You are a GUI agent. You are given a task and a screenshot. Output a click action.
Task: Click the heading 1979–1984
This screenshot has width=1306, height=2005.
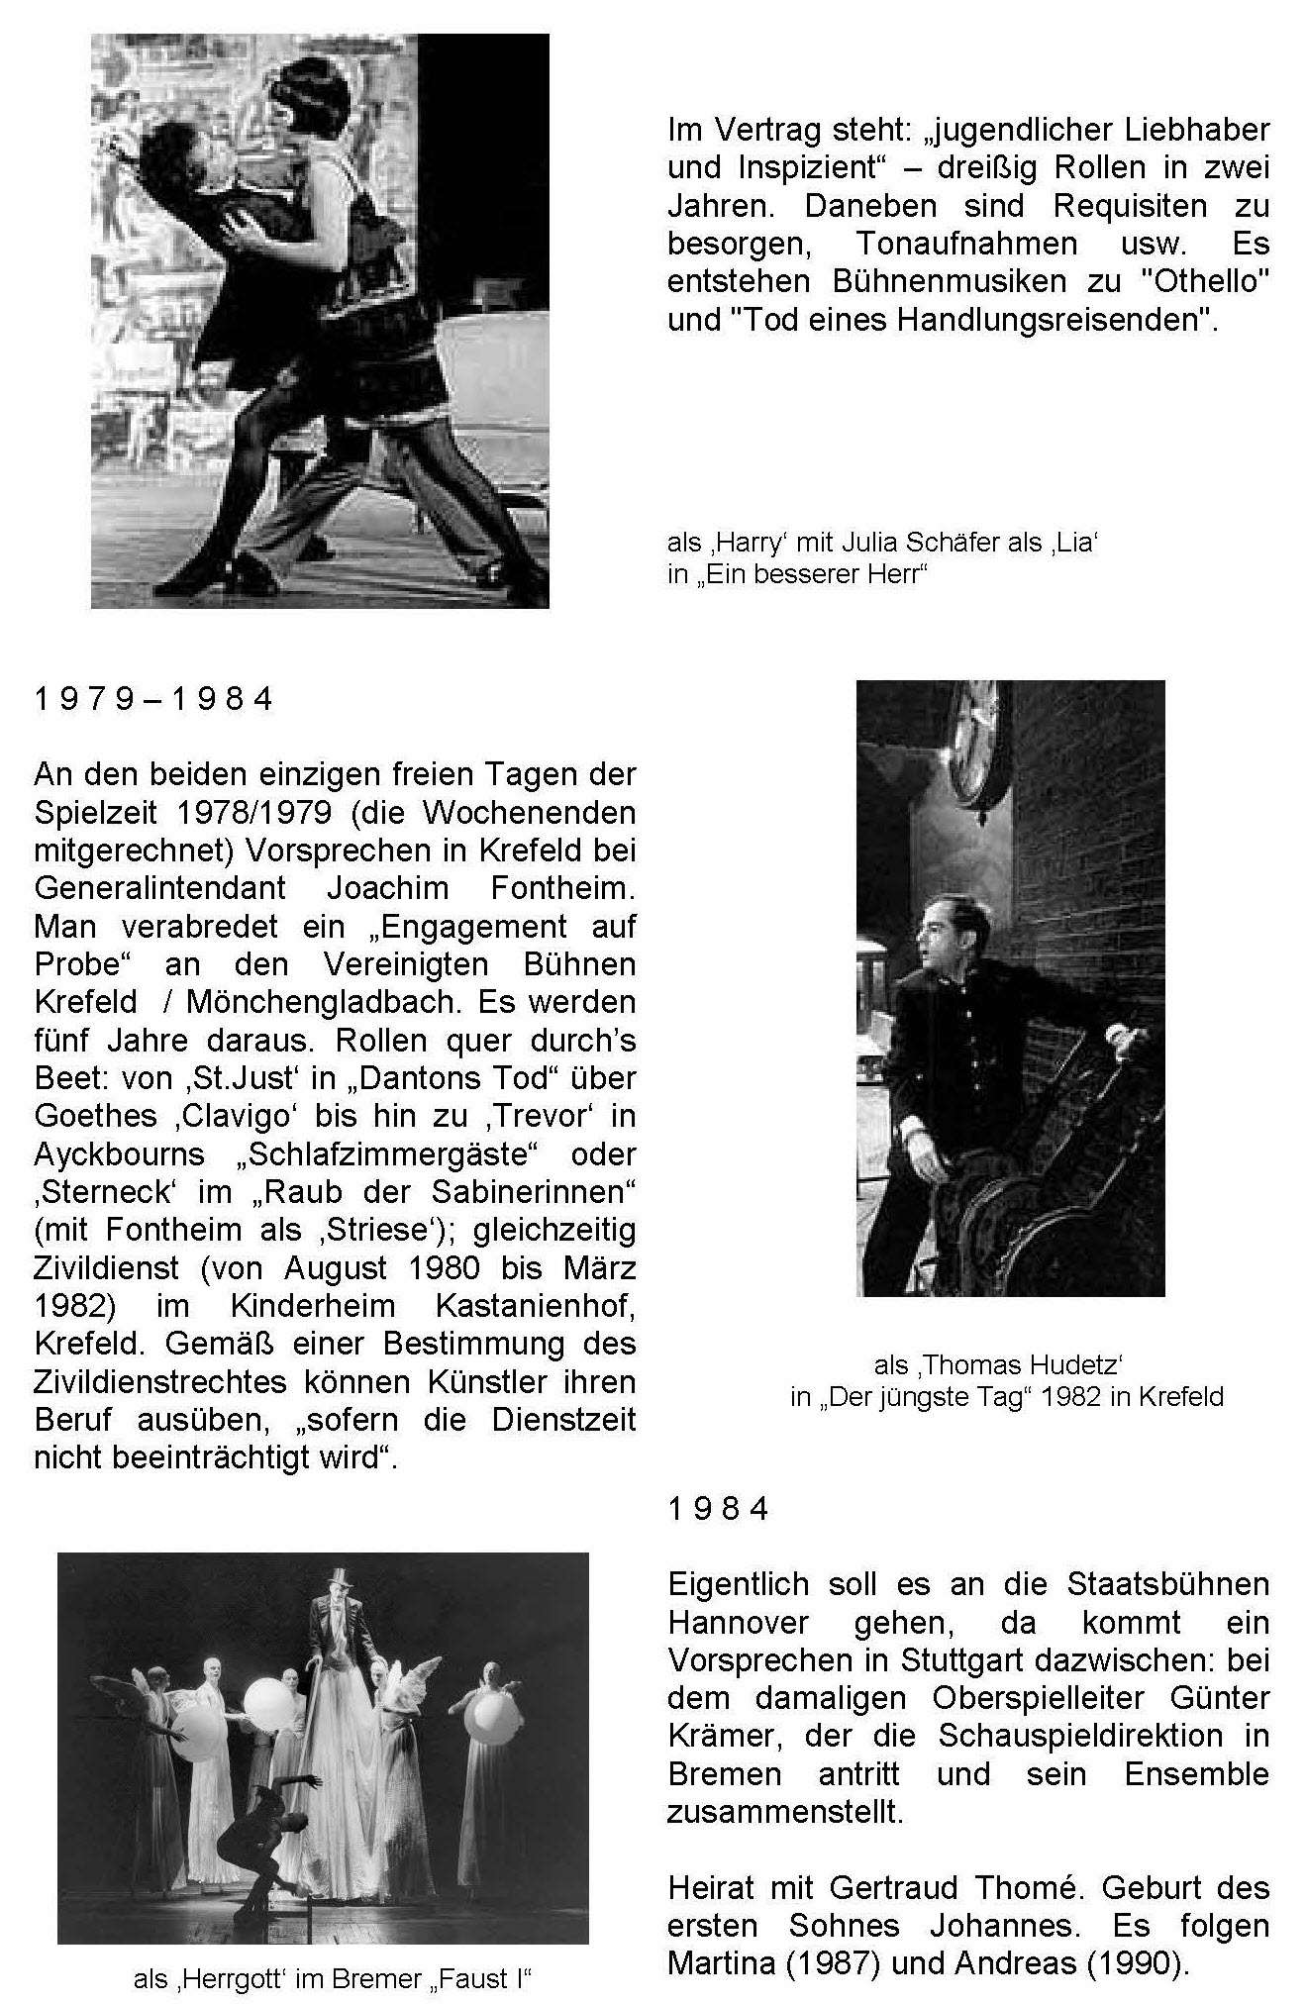tap(153, 700)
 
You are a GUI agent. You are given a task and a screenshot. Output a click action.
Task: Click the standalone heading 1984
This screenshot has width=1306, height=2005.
tap(719, 1509)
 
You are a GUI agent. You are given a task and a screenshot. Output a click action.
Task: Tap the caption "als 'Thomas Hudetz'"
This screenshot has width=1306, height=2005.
tap(998, 1364)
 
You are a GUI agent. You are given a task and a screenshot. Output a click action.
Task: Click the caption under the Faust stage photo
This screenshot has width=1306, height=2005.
tap(334, 1979)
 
